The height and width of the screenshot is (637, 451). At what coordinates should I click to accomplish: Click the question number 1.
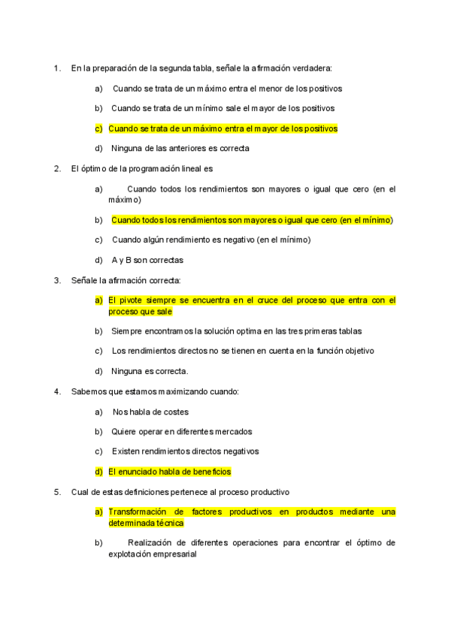coord(56,68)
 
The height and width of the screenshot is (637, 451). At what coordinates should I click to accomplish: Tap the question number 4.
coord(56,391)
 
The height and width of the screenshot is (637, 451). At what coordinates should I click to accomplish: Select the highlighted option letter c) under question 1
coord(98,128)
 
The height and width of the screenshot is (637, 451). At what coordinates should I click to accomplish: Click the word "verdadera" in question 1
coord(321,68)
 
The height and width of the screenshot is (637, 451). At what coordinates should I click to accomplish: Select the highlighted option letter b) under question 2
coord(98,220)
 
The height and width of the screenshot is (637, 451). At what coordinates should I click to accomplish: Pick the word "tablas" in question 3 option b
coord(350,331)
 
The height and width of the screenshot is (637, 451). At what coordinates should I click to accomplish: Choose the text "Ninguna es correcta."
coord(150,371)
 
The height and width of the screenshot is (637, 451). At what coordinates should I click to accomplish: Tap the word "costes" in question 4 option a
coord(174,412)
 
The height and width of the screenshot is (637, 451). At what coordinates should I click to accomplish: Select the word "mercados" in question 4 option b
coord(232,431)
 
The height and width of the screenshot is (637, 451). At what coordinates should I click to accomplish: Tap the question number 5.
coord(56,492)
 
